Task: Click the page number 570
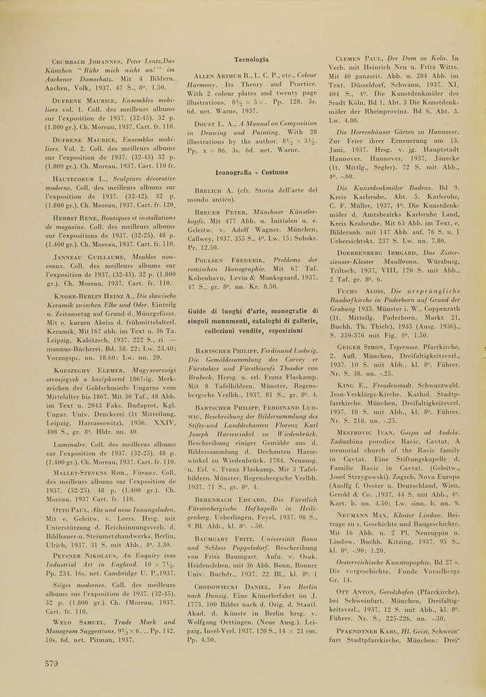tap(51, 663)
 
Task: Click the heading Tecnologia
tap(252, 60)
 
